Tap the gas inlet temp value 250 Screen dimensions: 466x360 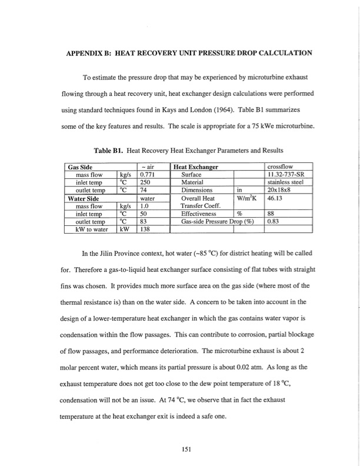[x=143, y=182]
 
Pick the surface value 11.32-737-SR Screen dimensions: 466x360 [x=288, y=174]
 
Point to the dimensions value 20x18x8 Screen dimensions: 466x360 [x=279, y=190]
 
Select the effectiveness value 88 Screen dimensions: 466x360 [x=271, y=214]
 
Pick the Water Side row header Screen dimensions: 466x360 [x=86, y=198]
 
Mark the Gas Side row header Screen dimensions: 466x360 [x=82, y=167]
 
